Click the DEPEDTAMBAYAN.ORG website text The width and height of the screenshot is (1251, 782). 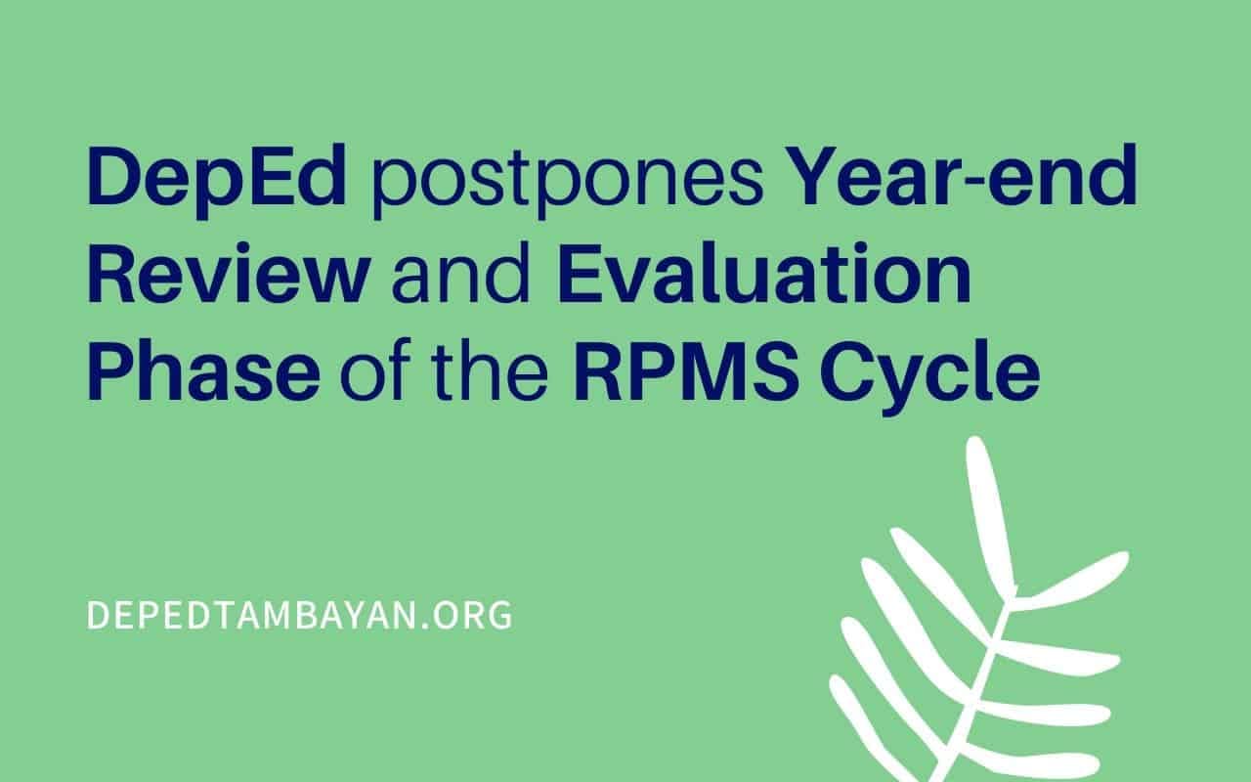pos(299,615)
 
